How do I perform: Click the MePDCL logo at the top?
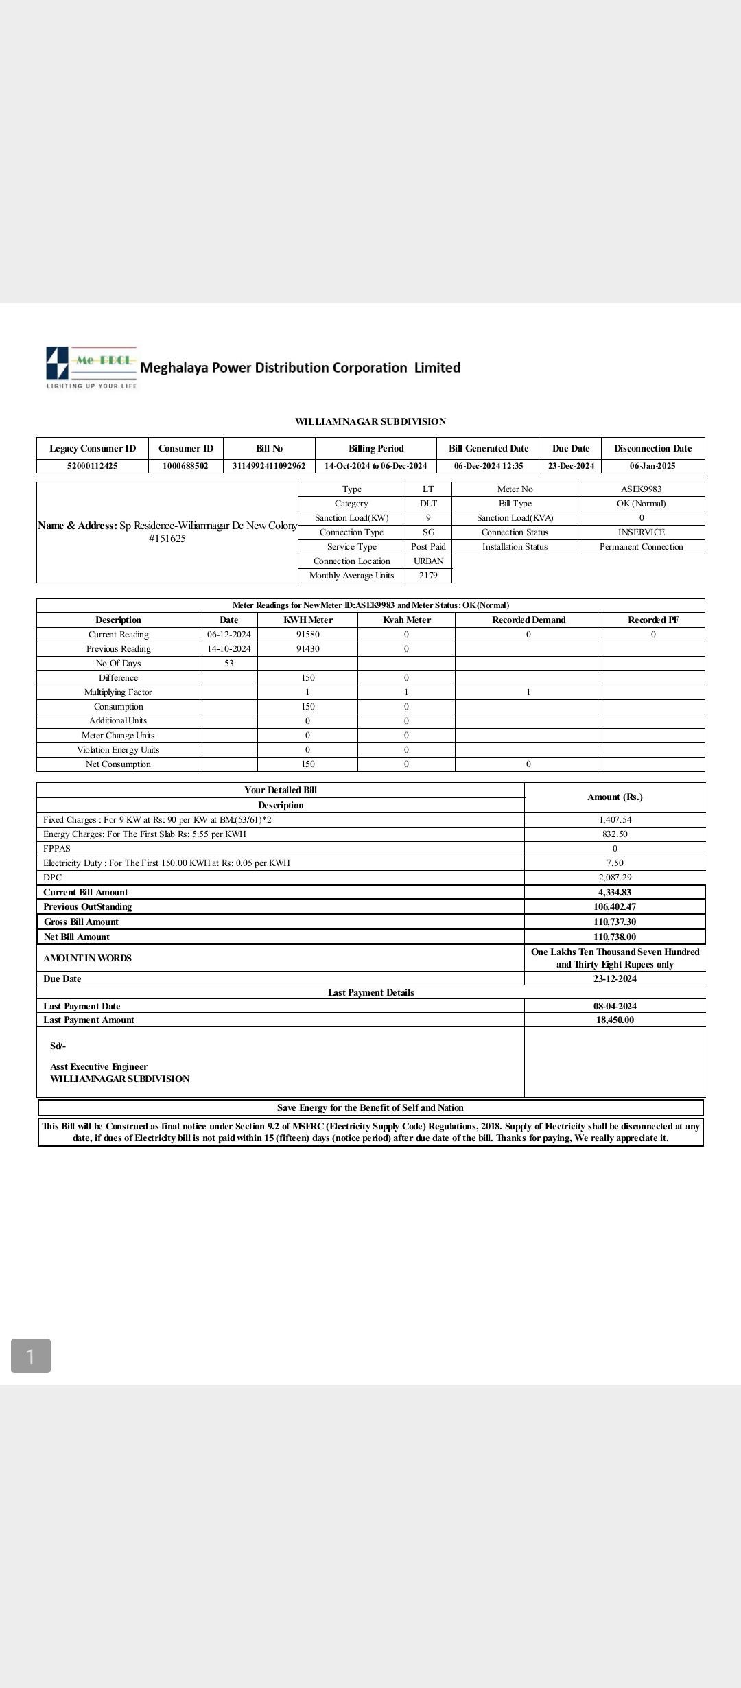tap(91, 367)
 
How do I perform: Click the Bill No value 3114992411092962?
tap(269, 466)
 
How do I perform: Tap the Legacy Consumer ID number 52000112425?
tap(92, 466)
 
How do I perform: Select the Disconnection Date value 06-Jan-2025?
tap(652, 466)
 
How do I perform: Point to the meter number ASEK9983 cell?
tap(641, 489)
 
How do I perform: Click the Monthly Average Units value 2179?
tap(428, 576)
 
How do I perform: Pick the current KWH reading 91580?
tap(307, 635)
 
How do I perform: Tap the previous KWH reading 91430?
tap(307, 649)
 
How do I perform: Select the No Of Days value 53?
tap(228, 664)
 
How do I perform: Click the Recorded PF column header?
tap(653, 620)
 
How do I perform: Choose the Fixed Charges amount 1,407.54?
tap(615, 820)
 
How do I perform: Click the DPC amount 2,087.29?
tap(615, 878)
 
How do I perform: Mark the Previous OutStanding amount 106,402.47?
tap(615, 907)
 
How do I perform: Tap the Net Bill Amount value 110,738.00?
tap(615, 937)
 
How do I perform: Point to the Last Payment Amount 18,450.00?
tap(615, 1020)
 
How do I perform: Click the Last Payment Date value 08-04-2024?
tap(615, 1007)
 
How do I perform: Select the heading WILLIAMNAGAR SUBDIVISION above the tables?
tap(370, 421)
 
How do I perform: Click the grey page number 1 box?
tap(31, 1356)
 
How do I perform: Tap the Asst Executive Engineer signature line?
tap(99, 1067)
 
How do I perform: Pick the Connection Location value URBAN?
tap(428, 561)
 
